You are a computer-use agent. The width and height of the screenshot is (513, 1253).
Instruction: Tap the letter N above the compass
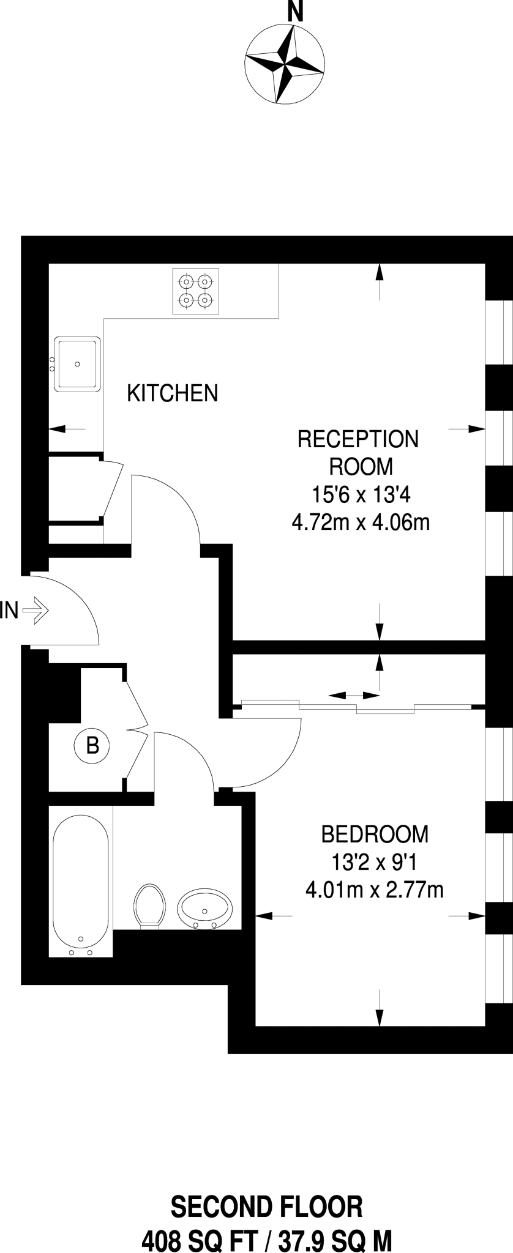pyautogui.click(x=296, y=12)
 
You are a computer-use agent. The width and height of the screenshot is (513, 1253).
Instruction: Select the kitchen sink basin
pyautogui.click(x=77, y=363)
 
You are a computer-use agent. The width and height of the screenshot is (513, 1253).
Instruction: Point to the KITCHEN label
pyautogui.click(x=173, y=393)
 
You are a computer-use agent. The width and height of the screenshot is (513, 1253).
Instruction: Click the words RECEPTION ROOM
pyautogui.click(x=358, y=453)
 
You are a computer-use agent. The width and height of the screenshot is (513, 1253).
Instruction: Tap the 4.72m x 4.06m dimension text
pyautogui.click(x=361, y=522)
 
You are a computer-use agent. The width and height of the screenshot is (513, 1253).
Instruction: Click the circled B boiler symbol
pyautogui.click(x=92, y=746)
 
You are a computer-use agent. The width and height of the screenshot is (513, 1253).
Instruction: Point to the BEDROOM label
pyautogui.click(x=375, y=834)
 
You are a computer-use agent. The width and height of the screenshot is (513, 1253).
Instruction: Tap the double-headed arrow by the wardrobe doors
pyautogui.click(x=354, y=696)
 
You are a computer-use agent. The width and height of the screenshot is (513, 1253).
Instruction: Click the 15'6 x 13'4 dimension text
pyautogui.click(x=358, y=494)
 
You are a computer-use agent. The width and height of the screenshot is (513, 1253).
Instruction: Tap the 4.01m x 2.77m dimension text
pyautogui.click(x=374, y=890)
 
